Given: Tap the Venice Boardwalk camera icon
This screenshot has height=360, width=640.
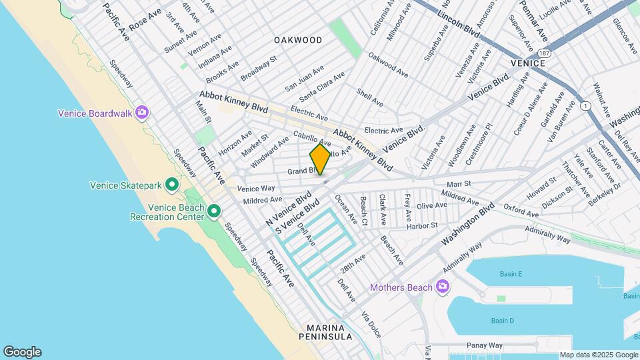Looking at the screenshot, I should tap(141, 112).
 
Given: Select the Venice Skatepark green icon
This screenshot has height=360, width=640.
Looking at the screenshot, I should tap(171, 184).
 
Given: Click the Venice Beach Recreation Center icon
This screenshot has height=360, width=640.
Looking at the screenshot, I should tap(214, 211).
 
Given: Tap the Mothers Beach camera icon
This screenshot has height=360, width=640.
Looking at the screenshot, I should tap(441, 287).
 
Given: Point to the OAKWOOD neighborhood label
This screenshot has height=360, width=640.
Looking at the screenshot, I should tap(298, 40).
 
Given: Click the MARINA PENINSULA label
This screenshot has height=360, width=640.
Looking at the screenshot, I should tap(325, 332).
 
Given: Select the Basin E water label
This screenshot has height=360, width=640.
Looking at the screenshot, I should tap(511, 274).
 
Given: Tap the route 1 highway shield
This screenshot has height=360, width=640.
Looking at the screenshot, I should tap(585, 107).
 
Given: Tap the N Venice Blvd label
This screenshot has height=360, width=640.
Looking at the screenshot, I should tap(289, 209).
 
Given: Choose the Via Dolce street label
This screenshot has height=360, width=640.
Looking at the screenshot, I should tap(370, 324).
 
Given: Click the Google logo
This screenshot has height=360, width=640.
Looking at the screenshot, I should tap(22, 352).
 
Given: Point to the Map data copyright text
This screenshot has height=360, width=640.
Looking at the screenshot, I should tap(599, 355).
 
